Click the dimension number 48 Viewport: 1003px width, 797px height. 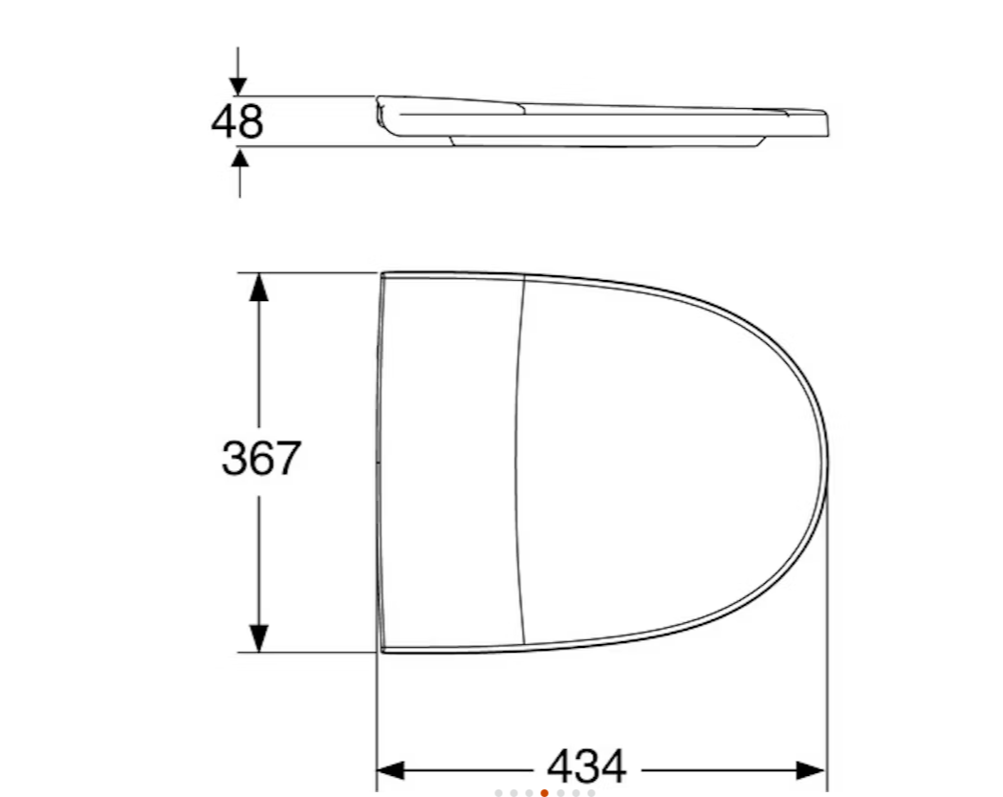point(237,121)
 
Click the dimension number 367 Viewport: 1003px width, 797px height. point(261,458)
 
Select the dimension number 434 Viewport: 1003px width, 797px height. point(586,766)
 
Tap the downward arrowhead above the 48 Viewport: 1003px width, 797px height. point(239,86)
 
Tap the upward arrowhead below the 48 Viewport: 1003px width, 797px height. point(240,158)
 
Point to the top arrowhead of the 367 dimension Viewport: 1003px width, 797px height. point(258,287)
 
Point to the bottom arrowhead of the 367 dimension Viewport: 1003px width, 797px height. point(258,637)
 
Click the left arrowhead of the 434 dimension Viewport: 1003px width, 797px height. point(391,770)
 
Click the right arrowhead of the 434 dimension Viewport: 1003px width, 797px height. point(811,770)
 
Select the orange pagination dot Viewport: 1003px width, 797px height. point(544,793)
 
